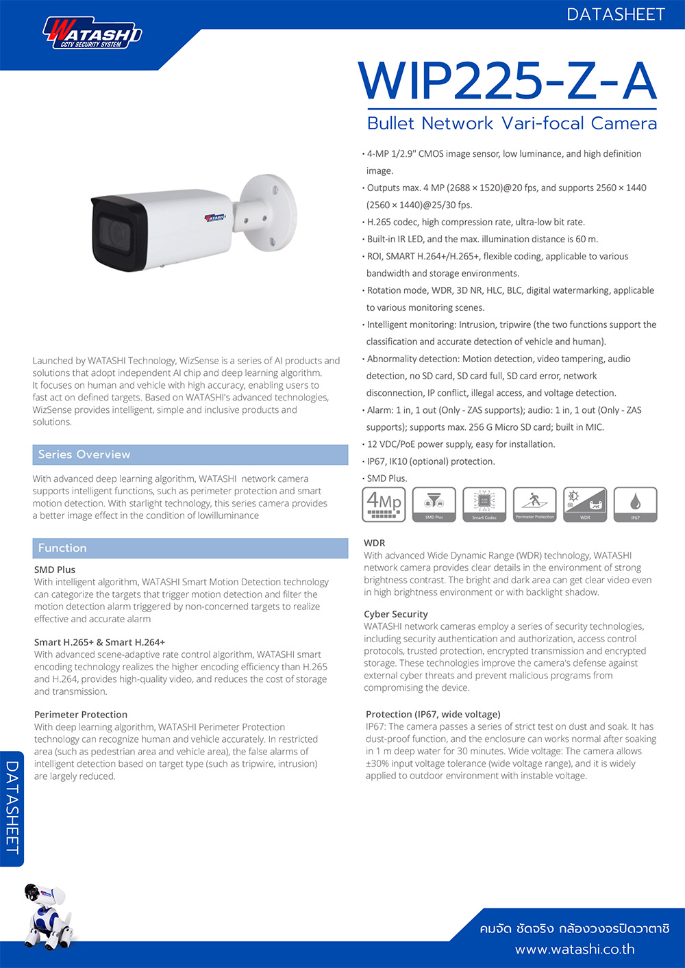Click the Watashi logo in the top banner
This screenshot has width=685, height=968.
coord(92,34)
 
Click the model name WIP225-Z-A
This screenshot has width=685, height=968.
coord(508,81)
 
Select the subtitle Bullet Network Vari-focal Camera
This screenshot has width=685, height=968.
coord(512,123)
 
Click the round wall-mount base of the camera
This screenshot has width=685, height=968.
coord(269,208)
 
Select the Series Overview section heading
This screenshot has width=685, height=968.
coord(84,455)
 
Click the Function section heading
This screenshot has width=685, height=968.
coord(62,548)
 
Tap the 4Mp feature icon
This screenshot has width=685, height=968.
coord(384,505)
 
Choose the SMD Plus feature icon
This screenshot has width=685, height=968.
coord(434,505)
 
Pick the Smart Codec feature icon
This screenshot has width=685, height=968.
coord(484,505)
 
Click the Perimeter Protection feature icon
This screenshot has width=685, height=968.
coord(535,505)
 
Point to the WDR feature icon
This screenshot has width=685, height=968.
coord(585,505)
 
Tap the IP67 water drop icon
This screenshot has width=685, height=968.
coord(635,505)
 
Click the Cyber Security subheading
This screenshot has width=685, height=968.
coord(396,614)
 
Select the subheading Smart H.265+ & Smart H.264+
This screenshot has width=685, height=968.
coord(100,642)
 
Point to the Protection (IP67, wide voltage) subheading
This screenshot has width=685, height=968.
coord(433,714)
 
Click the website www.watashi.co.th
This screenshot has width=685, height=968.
coord(575,950)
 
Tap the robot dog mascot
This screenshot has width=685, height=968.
coord(47,915)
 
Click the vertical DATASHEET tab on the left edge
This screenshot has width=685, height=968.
coord(12,808)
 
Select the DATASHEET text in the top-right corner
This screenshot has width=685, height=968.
coord(615,14)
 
